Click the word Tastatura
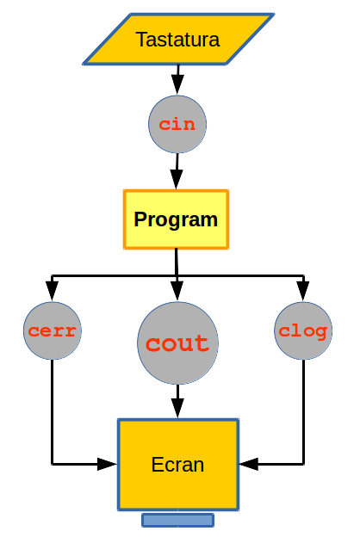pyautogui.click(x=177, y=40)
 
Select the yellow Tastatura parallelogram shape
pyautogui.click(x=178, y=39)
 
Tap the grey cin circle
pyautogui.click(x=177, y=124)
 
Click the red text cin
pyautogui.click(x=177, y=124)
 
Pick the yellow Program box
pyautogui.click(x=176, y=219)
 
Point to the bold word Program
pyautogui.click(x=176, y=219)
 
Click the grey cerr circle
pyautogui.click(x=53, y=330)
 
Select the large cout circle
pyautogui.click(x=177, y=343)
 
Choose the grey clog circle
pyautogui.click(x=303, y=330)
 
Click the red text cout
pyautogui.click(x=177, y=343)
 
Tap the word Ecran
pyautogui.click(x=177, y=465)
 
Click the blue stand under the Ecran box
pyautogui.click(x=178, y=520)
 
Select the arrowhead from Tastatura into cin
pyautogui.click(x=177, y=85)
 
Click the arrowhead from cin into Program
pyautogui.click(x=177, y=179)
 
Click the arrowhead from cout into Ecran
pyautogui.click(x=177, y=408)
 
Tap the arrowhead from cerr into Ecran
pyautogui.click(x=108, y=464)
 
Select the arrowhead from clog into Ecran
pyautogui.click(x=249, y=464)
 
